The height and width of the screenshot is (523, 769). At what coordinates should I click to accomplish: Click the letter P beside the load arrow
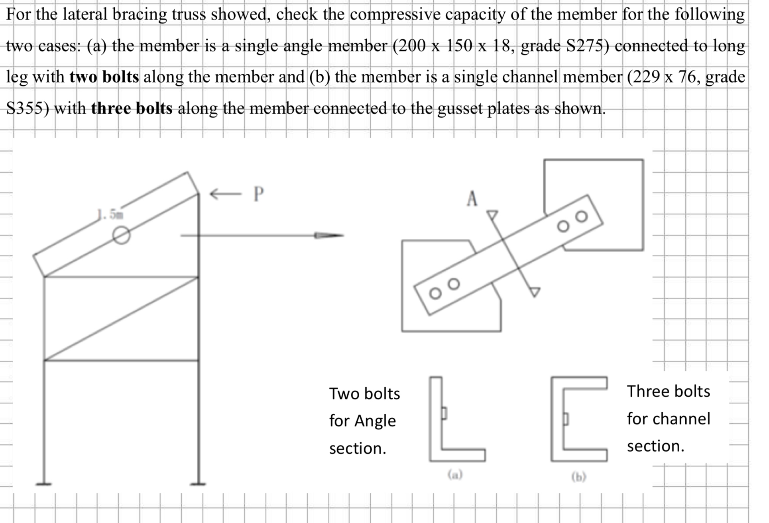pos(259,194)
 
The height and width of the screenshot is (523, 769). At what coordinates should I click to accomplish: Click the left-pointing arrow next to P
pos(226,194)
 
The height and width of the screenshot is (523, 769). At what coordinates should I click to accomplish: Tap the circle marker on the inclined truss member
pos(121,235)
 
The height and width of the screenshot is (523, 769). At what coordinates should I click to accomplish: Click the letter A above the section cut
pos(472,199)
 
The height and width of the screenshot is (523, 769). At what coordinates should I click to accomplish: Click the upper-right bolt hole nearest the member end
pos(582,216)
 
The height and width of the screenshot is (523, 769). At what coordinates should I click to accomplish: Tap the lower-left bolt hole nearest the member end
pos(435,294)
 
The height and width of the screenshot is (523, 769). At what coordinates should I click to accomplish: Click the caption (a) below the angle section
pos(455,474)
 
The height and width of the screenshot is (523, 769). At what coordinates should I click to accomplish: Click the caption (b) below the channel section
pos(579,477)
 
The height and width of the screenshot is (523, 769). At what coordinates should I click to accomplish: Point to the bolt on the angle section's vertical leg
pos(444,413)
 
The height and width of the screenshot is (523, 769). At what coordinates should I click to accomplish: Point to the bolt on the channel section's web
pos(565,419)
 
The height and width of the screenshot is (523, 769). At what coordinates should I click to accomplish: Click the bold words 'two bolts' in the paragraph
pos(104,77)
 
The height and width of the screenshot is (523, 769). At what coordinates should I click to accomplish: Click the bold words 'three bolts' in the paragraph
pos(132,108)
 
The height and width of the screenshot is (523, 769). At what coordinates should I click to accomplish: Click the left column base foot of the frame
pos(44,484)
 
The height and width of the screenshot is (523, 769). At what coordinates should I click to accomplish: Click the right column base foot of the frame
pos(198,484)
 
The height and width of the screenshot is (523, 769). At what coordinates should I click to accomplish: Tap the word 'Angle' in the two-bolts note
pos(375,421)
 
